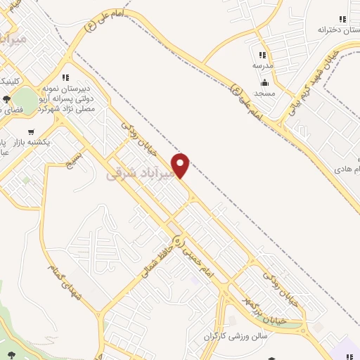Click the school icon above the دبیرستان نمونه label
[65, 77]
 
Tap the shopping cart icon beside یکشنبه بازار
[30, 131]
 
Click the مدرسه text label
[262, 65]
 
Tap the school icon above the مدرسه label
[262, 55]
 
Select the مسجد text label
[266, 94]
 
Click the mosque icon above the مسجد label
[264, 83]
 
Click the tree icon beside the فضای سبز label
[6, 99]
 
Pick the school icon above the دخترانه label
[342, 19]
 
